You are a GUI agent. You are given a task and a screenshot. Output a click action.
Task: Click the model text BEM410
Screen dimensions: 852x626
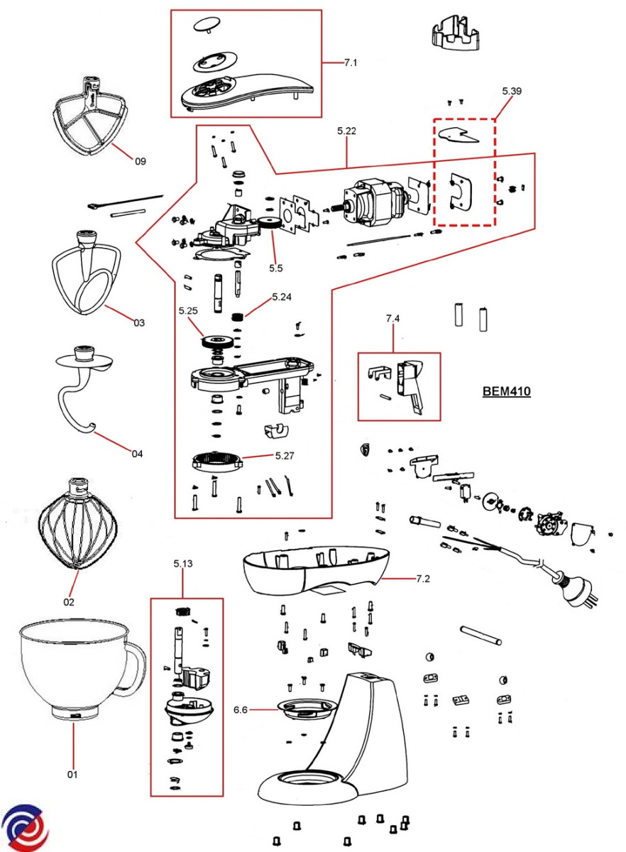click(x=506, y=391)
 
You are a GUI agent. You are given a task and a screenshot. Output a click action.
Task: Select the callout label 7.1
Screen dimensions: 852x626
click(x=351, y=63)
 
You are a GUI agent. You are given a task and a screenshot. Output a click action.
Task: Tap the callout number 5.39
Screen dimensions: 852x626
click(x=511, y=91)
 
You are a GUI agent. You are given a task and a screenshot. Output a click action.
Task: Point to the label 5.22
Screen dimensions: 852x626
click(x=346, y=131)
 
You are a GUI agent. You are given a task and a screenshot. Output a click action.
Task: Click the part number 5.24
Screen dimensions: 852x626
click(x=282, y=297)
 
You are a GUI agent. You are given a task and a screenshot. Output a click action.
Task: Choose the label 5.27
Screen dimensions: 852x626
click(x=285, y=455)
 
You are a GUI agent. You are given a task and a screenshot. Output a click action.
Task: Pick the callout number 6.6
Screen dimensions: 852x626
click(x=241, y=709)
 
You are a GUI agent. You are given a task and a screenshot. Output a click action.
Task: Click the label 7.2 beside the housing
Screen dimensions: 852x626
click(x=422, y=579)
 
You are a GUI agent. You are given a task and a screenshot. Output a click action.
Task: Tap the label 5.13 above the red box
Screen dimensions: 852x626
click(x=183, y=564)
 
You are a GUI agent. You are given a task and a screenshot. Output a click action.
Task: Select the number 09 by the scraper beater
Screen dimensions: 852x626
click(x=140, y=161)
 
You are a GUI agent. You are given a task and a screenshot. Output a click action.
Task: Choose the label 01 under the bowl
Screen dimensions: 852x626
click(x=72, y=774)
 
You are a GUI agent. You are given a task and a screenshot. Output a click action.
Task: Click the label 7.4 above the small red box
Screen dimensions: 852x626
click(x=392, y=319)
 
